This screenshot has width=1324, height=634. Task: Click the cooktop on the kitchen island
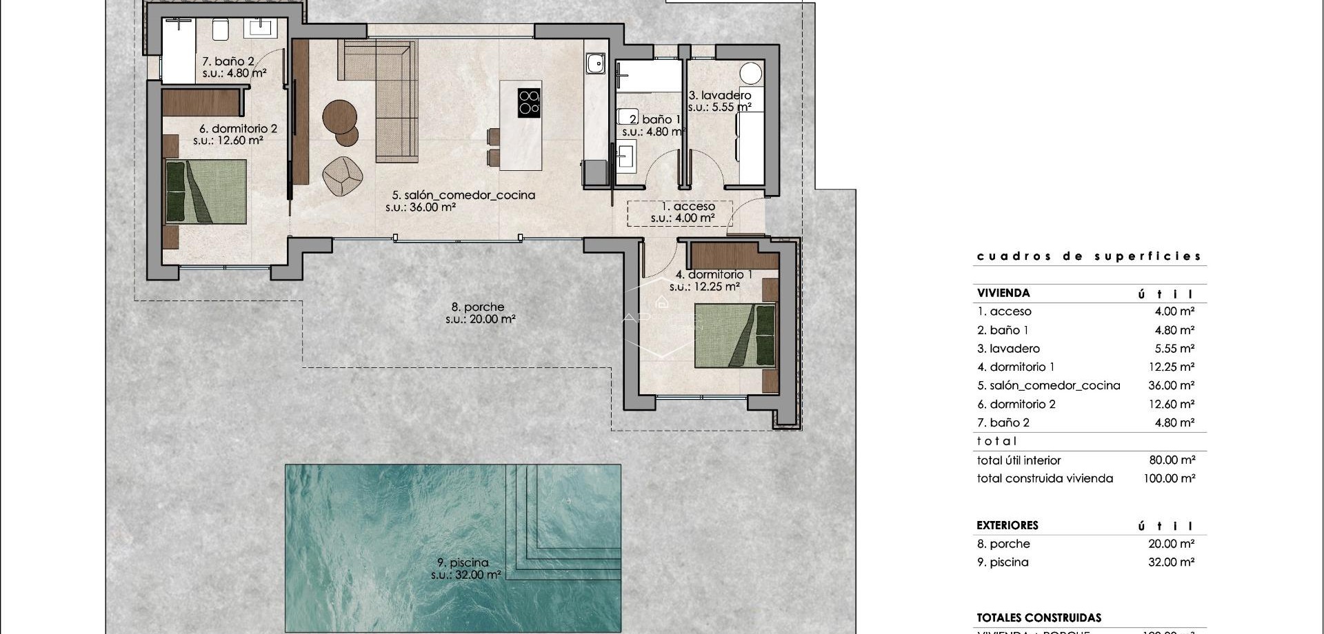pyautogui.click(x=529, y=103)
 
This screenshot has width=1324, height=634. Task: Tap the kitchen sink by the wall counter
pyautogui.click(x=595, y=64)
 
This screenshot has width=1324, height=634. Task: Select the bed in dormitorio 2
pyautogui.click(x=205, y=192)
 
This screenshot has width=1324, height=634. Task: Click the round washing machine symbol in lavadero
pyautogui.click(x=750, y=73)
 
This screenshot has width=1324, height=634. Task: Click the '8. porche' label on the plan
pyautogui.click(x=478, y=307)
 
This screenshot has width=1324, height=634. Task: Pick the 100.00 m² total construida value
pyautogui.click(x=1169, y=478)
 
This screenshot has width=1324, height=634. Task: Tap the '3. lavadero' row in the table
pyautogui.click(x=1008, y=349)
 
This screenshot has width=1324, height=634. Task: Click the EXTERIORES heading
pyautogui.click(x=1007, y=525)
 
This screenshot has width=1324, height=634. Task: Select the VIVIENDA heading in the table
pyautogui.click(x=1003, y=293)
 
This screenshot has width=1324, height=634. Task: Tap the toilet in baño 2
pyautogui.click(x=221, y=30)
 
